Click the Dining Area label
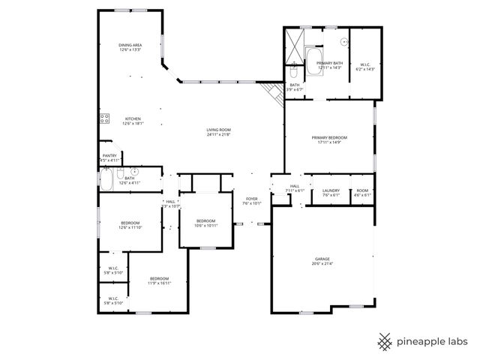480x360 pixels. [130, 48]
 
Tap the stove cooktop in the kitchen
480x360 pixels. [104, 118]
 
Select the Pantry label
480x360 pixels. [109, 158]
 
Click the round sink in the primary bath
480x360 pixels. [345, 42]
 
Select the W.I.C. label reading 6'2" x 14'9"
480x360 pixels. [365, 66]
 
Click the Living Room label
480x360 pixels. [218, 132]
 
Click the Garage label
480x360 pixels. [322, 261]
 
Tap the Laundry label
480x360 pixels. [331, 192]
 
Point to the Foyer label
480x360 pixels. [252, 200]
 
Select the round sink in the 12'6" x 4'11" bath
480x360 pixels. [135, 172]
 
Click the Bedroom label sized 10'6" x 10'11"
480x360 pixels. [206, 223]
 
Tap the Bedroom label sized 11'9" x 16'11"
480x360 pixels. [159, 280]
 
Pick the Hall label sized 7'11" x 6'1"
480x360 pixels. [295, 187]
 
